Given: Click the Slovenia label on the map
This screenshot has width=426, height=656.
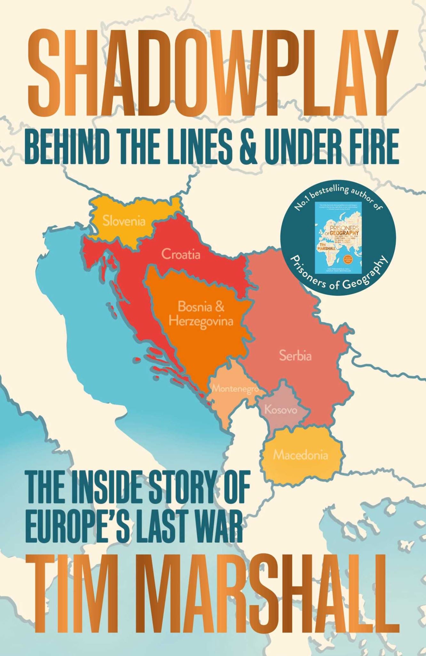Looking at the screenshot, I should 124,221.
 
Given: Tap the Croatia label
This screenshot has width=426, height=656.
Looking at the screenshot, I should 181,254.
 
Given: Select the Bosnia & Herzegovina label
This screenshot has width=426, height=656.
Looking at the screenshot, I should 201,314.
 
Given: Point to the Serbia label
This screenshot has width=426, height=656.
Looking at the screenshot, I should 295,356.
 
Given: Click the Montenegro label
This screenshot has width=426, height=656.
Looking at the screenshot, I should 235,389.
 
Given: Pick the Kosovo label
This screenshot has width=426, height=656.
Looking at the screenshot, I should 281,410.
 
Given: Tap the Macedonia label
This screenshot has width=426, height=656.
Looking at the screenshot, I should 300,455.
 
